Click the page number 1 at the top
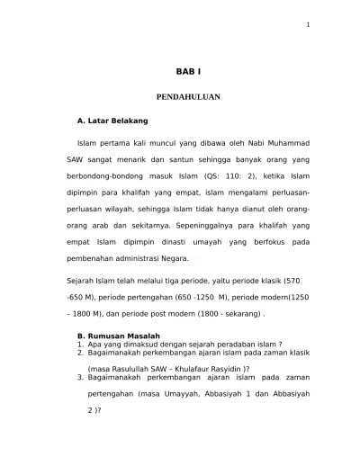point(308,24)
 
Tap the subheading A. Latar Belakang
point(113,120)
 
